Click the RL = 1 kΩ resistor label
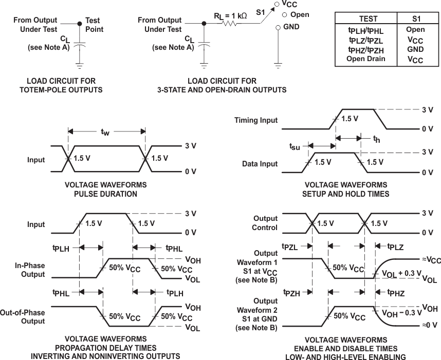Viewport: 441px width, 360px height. click(230, 16)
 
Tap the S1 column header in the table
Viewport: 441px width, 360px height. click(415, 19)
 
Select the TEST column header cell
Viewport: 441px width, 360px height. click(368, 19)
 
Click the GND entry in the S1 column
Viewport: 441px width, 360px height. click(415, 49)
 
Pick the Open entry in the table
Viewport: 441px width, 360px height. click(415, 29)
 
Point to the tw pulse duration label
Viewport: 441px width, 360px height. click(105, 132)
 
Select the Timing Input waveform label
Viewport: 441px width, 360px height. click(256, 120)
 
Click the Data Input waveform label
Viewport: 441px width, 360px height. click(260, 164)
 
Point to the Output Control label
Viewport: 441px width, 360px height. click(265, 223)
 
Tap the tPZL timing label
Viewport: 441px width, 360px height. click(291, 247)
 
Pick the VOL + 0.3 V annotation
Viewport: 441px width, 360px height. click(401, 274)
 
